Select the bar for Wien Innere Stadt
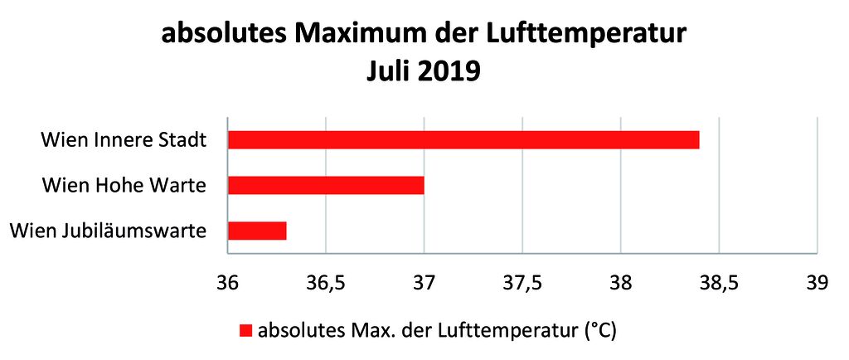463,139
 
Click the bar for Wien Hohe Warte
326,184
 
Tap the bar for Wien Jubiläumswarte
257,230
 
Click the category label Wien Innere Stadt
124,139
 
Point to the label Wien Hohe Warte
124,184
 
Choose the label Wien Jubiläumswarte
108,230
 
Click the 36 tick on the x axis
227,283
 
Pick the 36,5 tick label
325,283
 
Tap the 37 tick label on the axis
424,283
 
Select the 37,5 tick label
522,283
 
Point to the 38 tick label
620,283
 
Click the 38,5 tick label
719,283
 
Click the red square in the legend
245,331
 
